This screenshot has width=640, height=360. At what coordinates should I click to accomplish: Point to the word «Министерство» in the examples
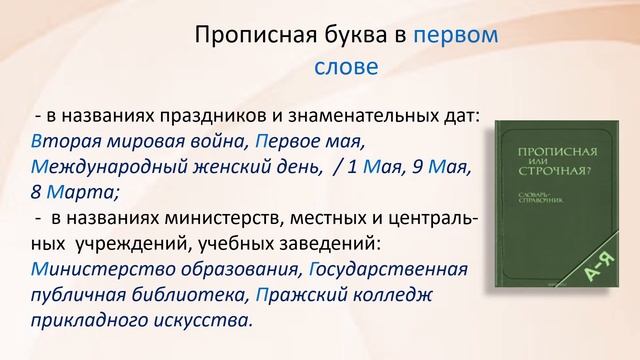pos(98,269)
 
